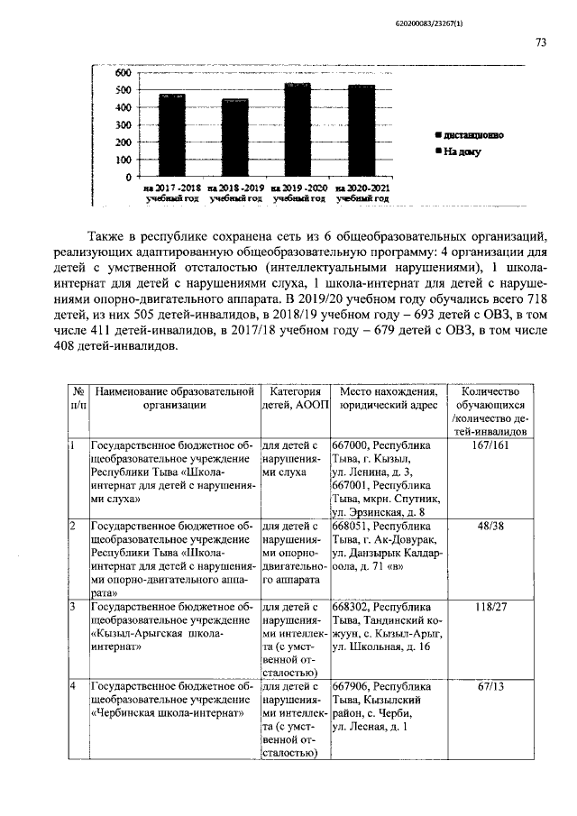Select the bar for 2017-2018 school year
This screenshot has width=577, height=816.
[x=171, y=135]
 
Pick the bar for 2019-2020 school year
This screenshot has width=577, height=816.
[x=298, y=130]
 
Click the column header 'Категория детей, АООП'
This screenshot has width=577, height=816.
[x=294, y=399]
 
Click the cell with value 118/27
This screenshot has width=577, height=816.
[x=490, y=607]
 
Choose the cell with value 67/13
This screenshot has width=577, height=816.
[x=490, y=687]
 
